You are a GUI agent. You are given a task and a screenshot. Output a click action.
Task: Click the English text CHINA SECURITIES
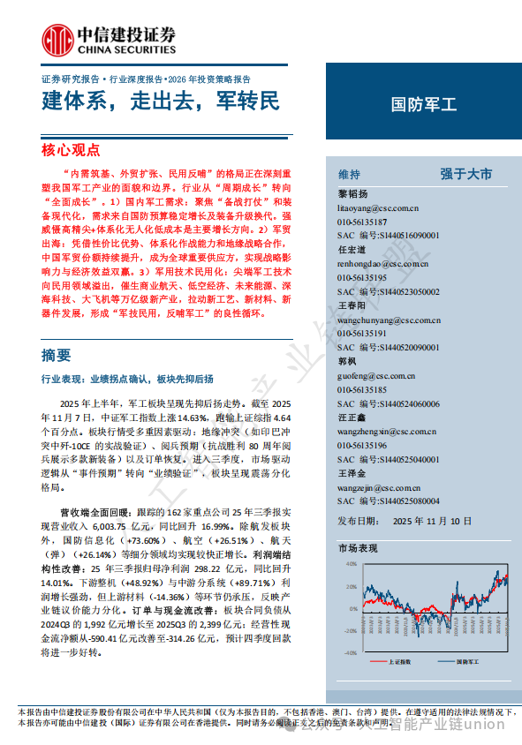(x=126, y=49)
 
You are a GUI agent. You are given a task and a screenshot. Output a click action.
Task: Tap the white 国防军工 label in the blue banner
(x=424, y=104)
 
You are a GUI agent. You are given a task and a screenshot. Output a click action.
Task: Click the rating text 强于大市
(x=465, y=174)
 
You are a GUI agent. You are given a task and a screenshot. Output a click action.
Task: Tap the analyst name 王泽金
(x=352, y=473)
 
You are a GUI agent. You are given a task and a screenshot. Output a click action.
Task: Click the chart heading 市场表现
(x=358, y=548)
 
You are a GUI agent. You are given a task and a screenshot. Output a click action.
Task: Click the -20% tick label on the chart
(x=349, y=630)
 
